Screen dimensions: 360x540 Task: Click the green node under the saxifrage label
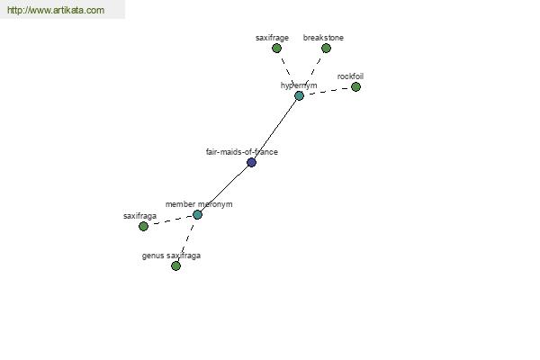276,49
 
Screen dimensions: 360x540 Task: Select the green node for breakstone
326,49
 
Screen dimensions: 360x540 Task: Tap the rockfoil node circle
355,87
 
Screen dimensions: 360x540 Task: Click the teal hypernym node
299,95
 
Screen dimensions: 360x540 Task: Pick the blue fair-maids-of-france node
251,162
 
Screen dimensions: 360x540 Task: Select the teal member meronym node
197,214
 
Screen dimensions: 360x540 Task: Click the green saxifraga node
143,226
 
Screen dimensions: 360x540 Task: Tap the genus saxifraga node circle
175,265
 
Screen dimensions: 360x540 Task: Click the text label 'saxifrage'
272,38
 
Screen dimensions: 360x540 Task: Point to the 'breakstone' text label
323,38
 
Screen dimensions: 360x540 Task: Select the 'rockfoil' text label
350,76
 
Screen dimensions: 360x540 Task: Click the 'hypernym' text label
299,85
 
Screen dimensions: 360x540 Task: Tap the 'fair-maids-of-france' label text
242,152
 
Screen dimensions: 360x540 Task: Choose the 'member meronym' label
199,204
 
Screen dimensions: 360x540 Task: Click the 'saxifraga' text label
139,216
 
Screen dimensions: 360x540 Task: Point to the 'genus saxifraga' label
171,256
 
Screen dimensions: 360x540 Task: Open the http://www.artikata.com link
55,11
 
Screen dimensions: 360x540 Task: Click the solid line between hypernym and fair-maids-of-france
275,129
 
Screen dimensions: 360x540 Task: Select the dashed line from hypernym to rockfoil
328,91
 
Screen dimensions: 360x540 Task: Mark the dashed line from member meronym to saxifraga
170,220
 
